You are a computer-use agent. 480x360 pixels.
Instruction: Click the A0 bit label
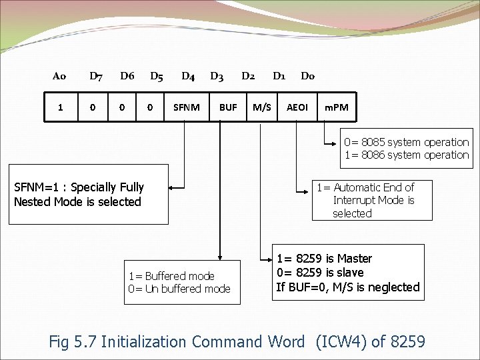pyautogui.click(x=59, y=76)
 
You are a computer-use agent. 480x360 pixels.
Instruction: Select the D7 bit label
pyautogui.click(x=96, y=76)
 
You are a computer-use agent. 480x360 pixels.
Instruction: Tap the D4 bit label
pyautogui.click(x=188, y=76)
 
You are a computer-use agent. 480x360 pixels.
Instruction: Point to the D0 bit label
pyautogui.click(x=307, y=76)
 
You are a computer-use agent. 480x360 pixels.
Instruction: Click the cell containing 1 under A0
pyautogui.click(x=61, y=107)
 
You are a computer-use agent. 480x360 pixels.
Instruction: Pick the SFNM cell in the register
pyautogui.click(x=186, y=107)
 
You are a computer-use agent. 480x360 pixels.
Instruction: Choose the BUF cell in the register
pyautogui.click(x=228, y=107)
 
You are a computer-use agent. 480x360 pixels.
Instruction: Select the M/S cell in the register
pyautogui.click(x=261, y=107)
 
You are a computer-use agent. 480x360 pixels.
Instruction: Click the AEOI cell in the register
pyautogui.click(x=297, y=107)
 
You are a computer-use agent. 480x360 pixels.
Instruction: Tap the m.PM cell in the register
pyautogui.click(x=336, y=107)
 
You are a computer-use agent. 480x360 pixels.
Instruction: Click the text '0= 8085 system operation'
pyautogui.click(x=406, y=142)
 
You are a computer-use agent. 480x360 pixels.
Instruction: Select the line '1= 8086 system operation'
pyautogui.click(x=406, y=155)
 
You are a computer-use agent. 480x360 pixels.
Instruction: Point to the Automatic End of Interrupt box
pyautogui.click(x=372, y=200)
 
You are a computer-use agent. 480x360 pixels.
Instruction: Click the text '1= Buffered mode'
pyautogui.click(x=171, y=276)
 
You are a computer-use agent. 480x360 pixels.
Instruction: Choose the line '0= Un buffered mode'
pyautogui.click(x=179, y=289)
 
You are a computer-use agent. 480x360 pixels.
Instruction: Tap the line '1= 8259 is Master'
pyautogui.click(x=324, y=259)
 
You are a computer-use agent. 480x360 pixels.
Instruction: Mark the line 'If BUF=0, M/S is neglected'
pyautogui.click(x=347, y=287)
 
